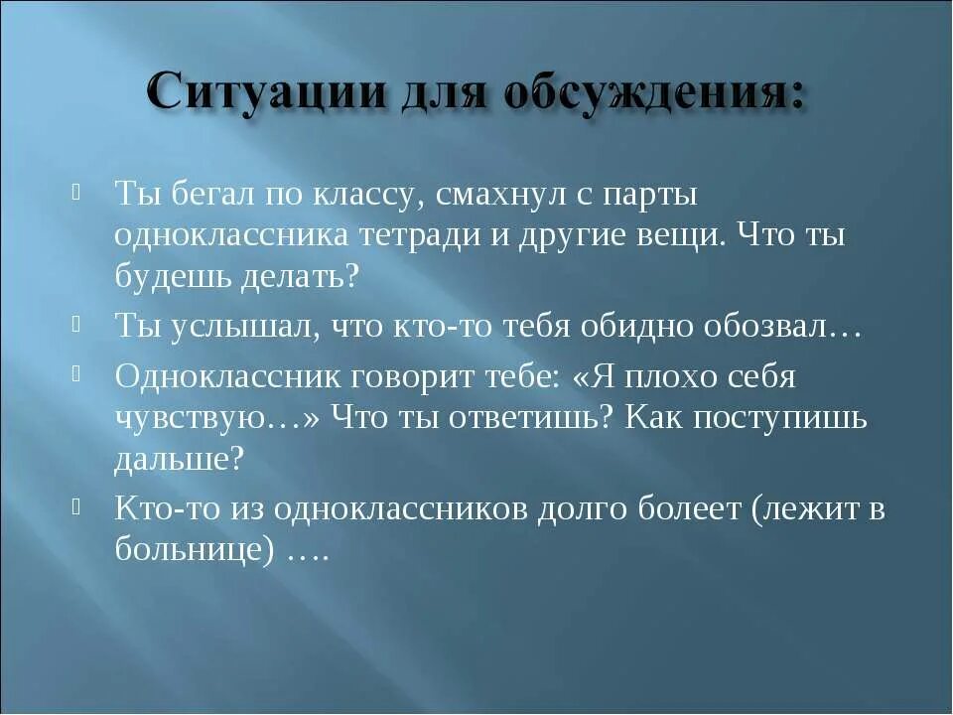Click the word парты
tap(651, 196)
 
